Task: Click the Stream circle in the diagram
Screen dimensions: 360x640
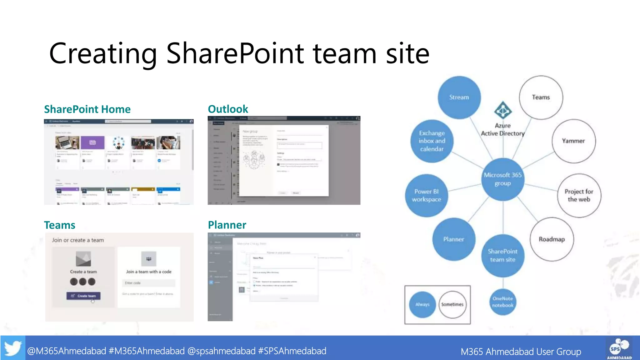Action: point(459,97)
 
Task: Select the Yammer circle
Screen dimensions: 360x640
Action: point(573,141)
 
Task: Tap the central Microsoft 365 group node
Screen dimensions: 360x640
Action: point(502,179)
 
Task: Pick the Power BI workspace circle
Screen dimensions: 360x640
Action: point(426,195)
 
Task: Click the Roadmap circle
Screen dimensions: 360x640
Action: point(552,239)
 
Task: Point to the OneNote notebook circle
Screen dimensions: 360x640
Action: point(502,302)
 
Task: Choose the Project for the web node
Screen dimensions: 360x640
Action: point(579,195)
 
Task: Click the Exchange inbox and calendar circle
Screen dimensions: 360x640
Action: point(432,141)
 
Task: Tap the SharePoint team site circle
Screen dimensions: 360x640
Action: point(502,255)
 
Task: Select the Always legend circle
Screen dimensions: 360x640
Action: point(422,304)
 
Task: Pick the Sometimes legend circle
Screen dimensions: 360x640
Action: point(452,304)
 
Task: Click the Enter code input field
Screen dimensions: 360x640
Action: point(148,283)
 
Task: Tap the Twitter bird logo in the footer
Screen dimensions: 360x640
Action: point(13,348)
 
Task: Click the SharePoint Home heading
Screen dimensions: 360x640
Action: point(87,109)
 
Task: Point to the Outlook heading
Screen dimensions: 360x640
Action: point(228,109)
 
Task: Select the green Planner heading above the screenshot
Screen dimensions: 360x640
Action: point(227,225)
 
